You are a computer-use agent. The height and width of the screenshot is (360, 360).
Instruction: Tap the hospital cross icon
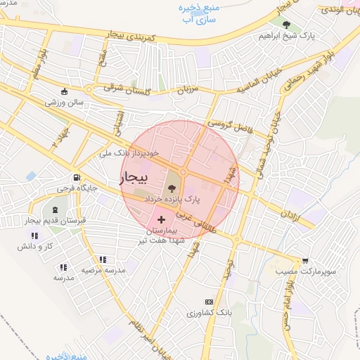click(x=161, y=220)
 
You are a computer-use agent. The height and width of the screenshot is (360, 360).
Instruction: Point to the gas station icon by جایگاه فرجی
click(x=75, y=178)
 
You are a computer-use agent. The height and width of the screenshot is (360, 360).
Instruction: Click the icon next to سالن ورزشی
click(x=65, y=91)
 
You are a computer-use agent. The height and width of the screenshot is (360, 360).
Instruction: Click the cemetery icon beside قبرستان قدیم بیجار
click(x=54, y=210)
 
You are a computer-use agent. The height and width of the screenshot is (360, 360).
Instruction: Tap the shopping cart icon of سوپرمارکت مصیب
click(x=305, y=259)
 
